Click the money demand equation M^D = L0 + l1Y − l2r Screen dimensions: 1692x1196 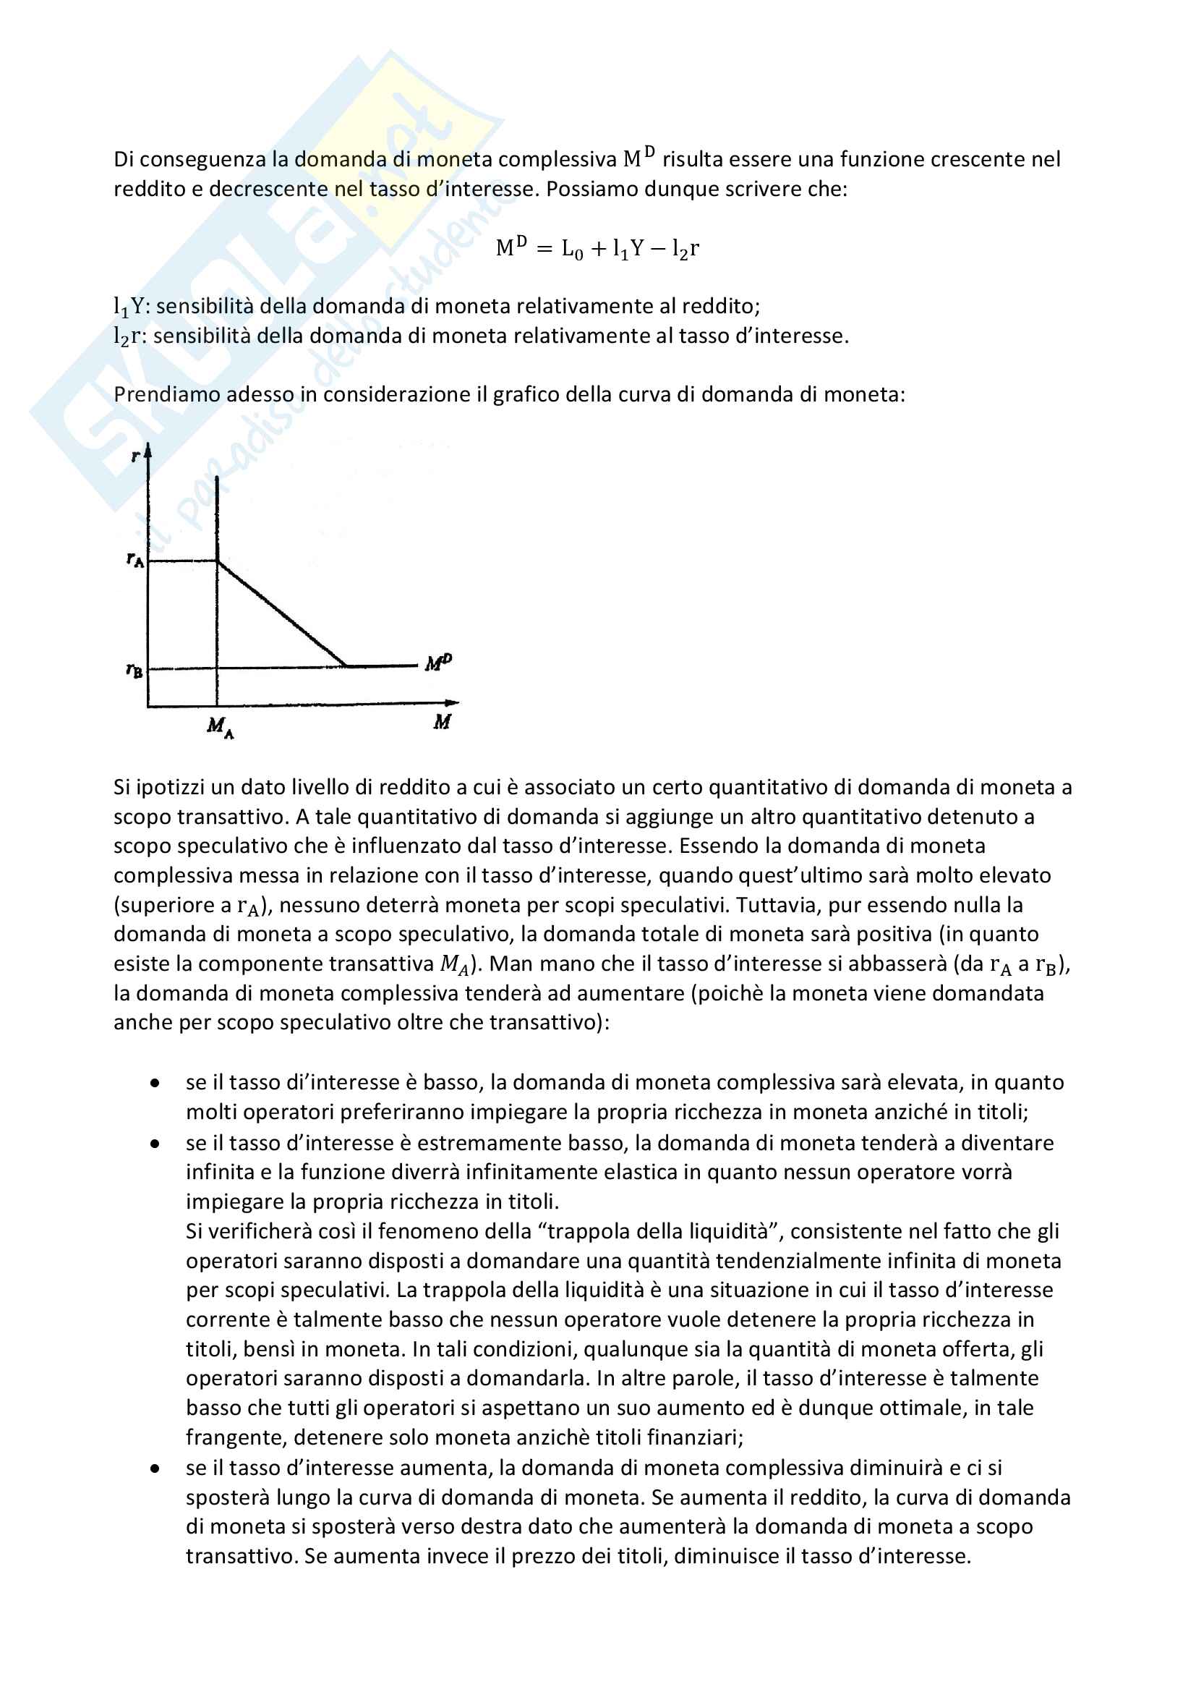tap(597, 248)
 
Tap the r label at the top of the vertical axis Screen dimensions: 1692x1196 tap(134, 456)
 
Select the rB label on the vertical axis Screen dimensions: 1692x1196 tap(134, 671)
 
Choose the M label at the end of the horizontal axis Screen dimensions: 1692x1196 tap(442, 722)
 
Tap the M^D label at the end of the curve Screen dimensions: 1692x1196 tap(438, 663)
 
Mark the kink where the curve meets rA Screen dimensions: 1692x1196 tap(217, 561)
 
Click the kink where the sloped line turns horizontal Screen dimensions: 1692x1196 tap(346, 666)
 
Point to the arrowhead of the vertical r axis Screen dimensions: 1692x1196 tap(148, 449)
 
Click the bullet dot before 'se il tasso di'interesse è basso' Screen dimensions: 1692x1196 tap(155, 1083)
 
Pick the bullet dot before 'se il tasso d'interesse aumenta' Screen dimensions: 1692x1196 tap(155, 1468)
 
